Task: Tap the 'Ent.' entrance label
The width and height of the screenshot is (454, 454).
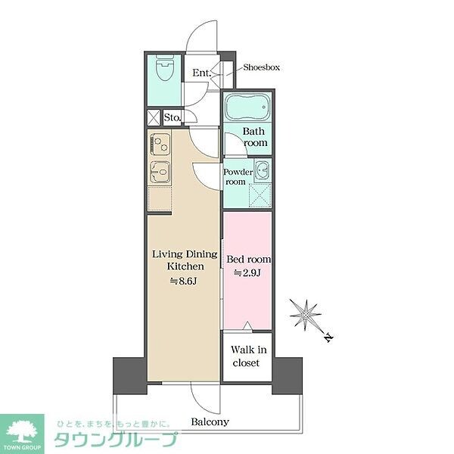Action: pyautogui.click(x=201, y=73)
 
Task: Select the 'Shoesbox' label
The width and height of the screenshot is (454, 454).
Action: pyautogui.click(x=261, y=67)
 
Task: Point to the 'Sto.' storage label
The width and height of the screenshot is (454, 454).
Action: pyautogui.click(x=172, y=117)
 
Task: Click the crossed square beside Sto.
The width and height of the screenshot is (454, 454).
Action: pyautogui.click(x=154, y=117)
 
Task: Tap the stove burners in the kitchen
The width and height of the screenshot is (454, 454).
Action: pyautogui.click(x=160, y=143)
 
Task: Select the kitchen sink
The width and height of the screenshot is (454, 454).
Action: pyautogui.click(x=160, y=173)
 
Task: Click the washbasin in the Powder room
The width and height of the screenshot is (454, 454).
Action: pyautogui.click(x=261, y=169)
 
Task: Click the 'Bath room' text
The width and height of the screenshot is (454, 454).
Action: pyautogui.click(x=255, y=136)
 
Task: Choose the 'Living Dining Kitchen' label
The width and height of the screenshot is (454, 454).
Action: pyautogui.click(x=185, y=260)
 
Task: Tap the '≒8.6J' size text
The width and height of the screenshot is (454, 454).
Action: pyautogui.click(x=185, y=281)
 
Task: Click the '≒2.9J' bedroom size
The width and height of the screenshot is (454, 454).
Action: pyautogui.click(x=247, y=273)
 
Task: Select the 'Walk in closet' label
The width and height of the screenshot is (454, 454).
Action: pyautogui.click(x=246, y=356)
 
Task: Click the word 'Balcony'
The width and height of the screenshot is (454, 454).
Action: pyautogui.click(x=210, y=422)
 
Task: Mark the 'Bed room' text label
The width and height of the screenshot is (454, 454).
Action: pyautogui.click(x=249, y=260)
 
